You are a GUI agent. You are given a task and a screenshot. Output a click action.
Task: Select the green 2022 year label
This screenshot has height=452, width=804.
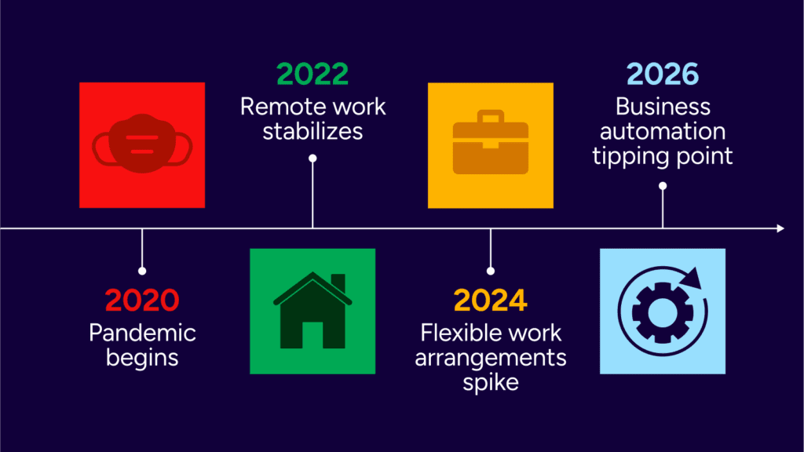pyautogui.click(x=312, y=74)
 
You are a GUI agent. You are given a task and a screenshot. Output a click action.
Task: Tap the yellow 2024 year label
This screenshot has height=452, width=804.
pyautogui.click(x=490, y=300)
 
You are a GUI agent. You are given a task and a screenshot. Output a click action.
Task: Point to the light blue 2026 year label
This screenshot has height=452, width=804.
pyautogui.click(x=663, y=75)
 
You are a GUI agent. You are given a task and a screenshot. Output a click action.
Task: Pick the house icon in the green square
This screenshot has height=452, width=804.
pyautogui.click(x=312, y=312)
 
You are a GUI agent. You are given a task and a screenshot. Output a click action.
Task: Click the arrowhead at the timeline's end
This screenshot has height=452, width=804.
pyautogui.click(x=780, y=228)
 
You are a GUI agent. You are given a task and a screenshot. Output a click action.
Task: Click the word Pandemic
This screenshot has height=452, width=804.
pyautogui.click(x=142, y=333)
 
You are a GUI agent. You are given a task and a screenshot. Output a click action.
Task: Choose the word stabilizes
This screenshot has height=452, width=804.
pyautogui.click(x=312, y=130)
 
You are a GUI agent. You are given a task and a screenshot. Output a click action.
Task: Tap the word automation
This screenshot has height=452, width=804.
pyautogui.click(x=663, y=130)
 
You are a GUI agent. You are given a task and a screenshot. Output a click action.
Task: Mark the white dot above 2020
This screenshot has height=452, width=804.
pyautogui.click(x=142, y=271)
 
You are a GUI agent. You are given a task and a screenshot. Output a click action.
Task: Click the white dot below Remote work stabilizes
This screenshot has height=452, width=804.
pyautogui.click(x=312, y=159)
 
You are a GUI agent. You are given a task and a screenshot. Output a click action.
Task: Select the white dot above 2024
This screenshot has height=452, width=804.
pyautogui.click(x=490, y=271)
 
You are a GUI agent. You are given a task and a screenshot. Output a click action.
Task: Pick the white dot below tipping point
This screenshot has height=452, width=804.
pyautogui.click(x=663, y=186)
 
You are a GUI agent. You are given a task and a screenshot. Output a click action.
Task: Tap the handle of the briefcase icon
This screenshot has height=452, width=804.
pyautogui.click(x=491, y=118)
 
